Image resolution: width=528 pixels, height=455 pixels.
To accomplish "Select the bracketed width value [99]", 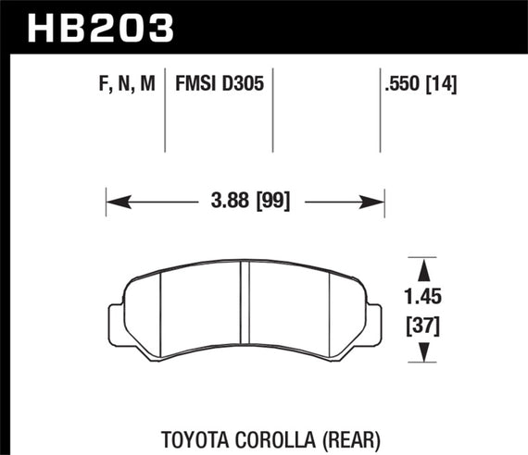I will (x=270, y=200).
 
